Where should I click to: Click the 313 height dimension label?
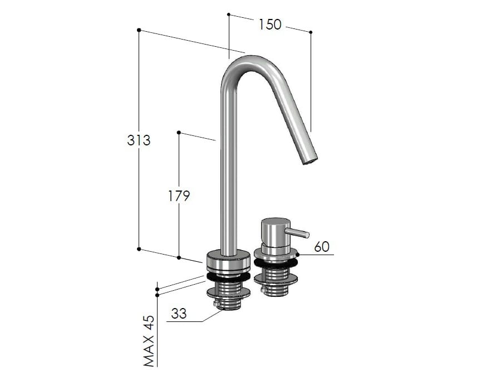pyautogui.click(x=139, y=140)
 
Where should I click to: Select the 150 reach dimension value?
pyautogui.click(x=270, y=25)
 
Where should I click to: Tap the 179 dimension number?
pyautogui.click(x=179, y=196)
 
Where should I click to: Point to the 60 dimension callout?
pyautogui.click(x=322, y=247)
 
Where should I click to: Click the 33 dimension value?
pyautogui.click(x=179, y=314)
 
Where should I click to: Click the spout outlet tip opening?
pyautogui.click(x=310, y=161)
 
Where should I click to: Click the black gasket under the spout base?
pyautogui.click(x=228, y=276)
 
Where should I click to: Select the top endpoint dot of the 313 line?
pyautogui.click(x=139, y=30)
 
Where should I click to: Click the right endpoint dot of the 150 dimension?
pyautogui.click(x=311, y=32)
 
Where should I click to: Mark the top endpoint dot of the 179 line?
pyautogui.click(x=179, y=133)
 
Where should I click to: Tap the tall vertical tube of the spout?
pyautogui.click(x=228, y=167)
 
